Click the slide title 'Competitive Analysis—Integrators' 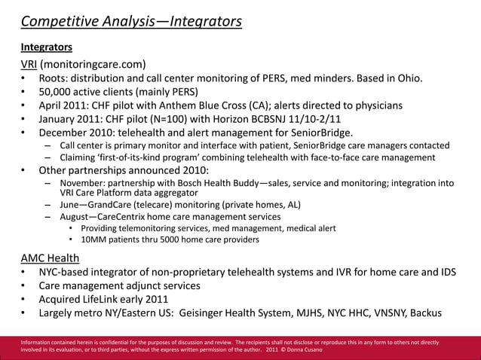point(131,20)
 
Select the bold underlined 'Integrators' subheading point(46,47)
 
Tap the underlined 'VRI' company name point(30,64)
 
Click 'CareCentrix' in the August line point(136,217)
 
